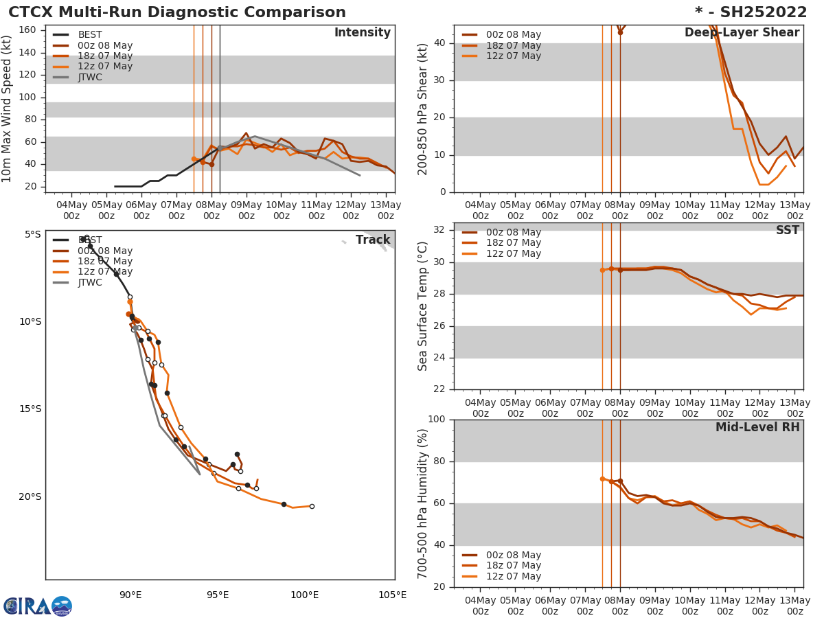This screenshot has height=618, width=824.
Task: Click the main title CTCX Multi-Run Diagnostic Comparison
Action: [x=177, y=12]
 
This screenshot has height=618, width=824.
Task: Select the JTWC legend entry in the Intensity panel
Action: [x=90, y=77]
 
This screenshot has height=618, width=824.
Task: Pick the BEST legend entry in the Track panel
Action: [x=90, y=240]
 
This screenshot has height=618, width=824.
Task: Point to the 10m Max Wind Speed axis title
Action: [x=8, y=109]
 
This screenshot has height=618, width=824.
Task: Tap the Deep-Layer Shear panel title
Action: [x=742, y=33]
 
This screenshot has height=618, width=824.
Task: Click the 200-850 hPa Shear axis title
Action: [x=423, y=109]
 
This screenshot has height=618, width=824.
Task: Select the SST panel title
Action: [x=787, y=231]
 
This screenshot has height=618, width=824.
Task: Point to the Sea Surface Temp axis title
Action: [x=423, y=306]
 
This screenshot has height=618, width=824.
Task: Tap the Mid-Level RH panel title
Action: [x=757, y=428]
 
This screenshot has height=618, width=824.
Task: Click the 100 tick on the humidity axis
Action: [x=437, y=420]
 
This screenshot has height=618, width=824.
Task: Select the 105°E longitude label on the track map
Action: [x=392, y=595]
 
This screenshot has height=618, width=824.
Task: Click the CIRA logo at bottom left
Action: [x=37, y=606]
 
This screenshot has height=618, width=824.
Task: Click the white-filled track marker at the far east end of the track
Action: [x=312, y=506]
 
